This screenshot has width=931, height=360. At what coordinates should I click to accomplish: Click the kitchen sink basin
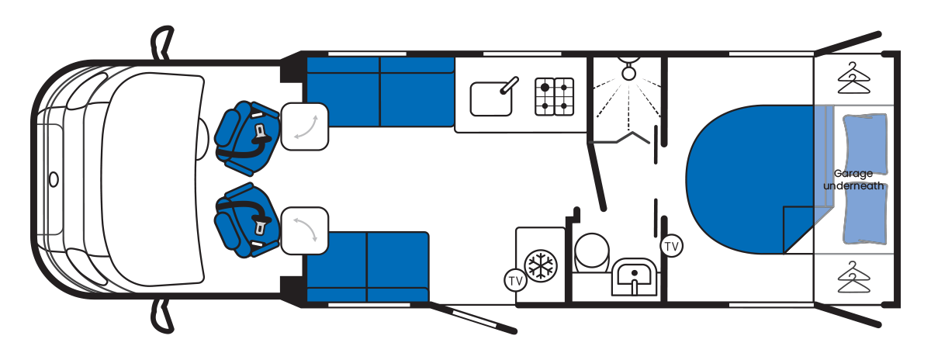pos(490,99)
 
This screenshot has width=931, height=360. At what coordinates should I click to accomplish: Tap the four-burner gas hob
pos(554,96)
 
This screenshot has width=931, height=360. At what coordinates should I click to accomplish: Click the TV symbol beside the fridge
pos(514,280)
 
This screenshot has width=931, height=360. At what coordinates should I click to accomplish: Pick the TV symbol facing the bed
pos(672,247)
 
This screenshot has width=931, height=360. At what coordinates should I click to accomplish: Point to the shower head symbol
pos(626,67)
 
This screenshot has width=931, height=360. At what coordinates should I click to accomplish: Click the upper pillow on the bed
pos(864,144)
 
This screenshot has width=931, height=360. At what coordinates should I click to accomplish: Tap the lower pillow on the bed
pos(864,217)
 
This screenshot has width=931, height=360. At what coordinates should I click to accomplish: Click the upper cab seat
pos(247,134)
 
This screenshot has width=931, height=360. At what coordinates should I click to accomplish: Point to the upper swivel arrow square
pos(304,126)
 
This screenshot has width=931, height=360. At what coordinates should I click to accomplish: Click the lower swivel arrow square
pos(304,230)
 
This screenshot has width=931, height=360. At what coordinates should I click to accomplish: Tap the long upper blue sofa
pos(380,92)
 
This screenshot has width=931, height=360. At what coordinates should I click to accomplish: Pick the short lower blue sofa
pos(369,265)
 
